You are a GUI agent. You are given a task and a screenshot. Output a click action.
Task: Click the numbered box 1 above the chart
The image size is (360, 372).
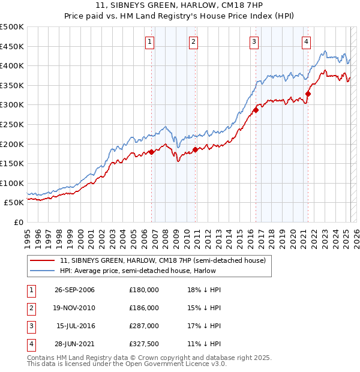[149, 41]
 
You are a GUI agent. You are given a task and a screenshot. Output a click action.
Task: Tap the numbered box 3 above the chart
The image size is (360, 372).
[254, 41]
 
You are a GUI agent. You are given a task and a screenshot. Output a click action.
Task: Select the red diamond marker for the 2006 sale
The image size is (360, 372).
[151, 152]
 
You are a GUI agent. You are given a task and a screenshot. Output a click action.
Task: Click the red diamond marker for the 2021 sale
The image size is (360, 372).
[308, 94]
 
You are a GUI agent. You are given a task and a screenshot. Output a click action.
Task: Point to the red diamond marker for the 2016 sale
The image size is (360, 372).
[256, 110]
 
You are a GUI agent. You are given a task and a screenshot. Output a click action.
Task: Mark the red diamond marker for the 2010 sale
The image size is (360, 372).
[195, 149]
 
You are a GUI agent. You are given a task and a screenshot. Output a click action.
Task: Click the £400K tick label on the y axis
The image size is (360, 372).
[12, 66]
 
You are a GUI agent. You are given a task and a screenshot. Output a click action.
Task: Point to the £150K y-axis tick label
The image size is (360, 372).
[12, 163]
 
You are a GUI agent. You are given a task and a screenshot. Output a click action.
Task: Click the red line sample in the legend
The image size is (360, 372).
[42, 260]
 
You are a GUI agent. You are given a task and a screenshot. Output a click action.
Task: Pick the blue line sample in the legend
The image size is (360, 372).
[42, 271]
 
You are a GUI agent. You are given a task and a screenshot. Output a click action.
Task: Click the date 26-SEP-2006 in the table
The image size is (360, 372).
[74, 290]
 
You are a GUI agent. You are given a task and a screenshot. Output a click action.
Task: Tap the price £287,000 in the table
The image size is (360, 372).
[144, 326]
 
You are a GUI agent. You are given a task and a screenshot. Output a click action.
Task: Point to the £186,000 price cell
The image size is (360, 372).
[144, 308]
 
